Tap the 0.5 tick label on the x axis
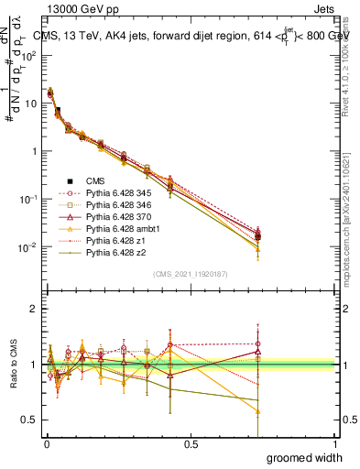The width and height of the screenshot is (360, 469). point(191,444)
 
